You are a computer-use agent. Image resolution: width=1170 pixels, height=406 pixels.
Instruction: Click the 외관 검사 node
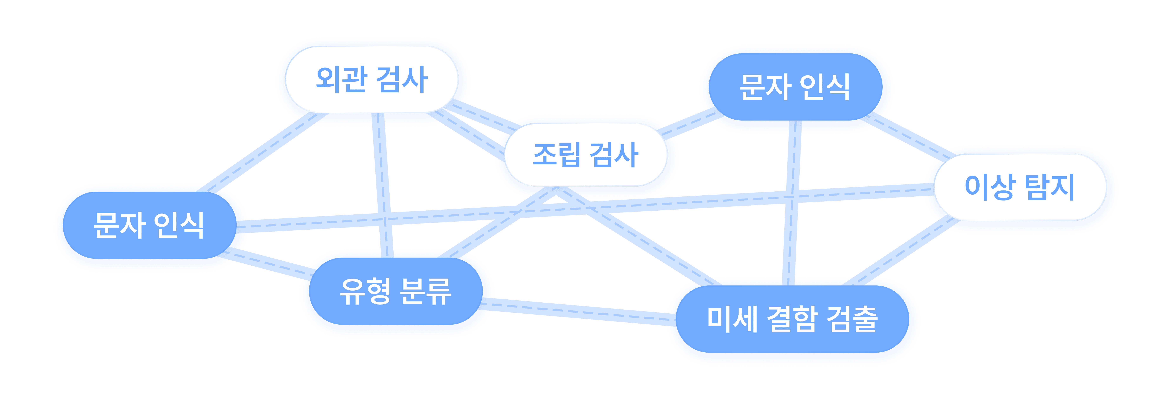pos(371,79)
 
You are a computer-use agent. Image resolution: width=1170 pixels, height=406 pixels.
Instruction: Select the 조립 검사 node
pos(585,154)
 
